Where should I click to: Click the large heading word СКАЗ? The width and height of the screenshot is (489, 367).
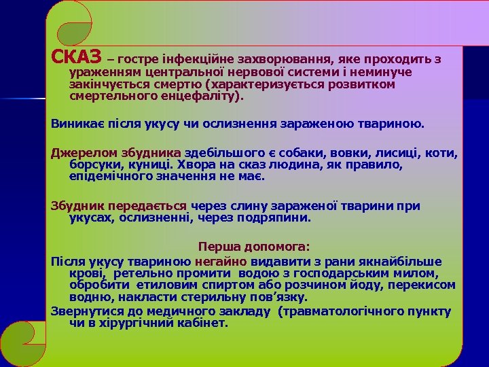(x=77, y=55)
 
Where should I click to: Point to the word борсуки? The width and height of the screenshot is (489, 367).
(x=93, y=164)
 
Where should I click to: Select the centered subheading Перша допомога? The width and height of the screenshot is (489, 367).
(x=253, y=247)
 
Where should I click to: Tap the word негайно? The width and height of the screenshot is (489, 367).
(x=221, y=262)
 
